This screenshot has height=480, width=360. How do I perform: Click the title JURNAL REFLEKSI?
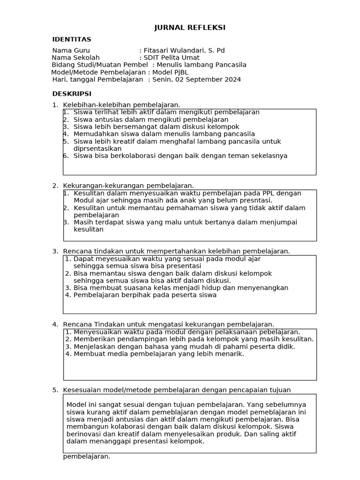coord(190,28)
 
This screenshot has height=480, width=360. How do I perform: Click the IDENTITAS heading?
coord(72,39)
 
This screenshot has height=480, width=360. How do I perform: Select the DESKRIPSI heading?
coord(72,94)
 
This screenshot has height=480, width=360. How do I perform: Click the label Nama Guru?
coord(71,51)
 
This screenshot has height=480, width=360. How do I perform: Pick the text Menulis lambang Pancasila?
coord(201,65)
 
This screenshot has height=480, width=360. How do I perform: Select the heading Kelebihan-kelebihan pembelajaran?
coord(121,105)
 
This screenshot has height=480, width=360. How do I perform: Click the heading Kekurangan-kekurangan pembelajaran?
coord(128,186)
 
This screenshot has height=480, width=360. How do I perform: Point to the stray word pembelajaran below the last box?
coord(86,456)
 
